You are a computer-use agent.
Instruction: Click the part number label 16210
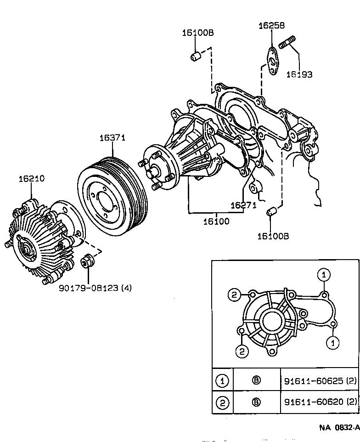pos(31,179)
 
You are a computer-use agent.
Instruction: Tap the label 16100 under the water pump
pos(217,221)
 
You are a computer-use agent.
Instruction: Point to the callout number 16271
pos(243,205)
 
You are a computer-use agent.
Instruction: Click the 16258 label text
pos(271,26)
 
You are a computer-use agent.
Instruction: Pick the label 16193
pos(299,74)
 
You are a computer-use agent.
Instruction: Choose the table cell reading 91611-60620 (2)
pos(319,402)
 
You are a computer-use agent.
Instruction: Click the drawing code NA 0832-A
pos(339,427)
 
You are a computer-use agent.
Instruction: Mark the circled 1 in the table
pos(222,380)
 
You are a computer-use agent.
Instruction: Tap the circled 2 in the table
pos(222,403)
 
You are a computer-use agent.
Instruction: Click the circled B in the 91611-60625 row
pos(256,380)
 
